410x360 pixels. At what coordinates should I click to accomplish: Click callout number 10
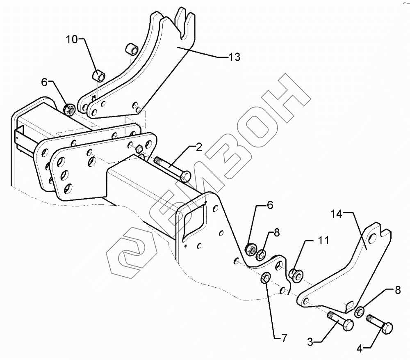(72, 40)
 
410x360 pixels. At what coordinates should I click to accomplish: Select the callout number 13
(234, 57)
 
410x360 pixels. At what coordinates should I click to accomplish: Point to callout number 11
(323, 241)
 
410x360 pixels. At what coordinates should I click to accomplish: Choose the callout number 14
(336, 214)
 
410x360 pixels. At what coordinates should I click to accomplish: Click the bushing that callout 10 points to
(99, 76)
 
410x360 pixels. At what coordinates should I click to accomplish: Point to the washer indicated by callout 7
(266, 278)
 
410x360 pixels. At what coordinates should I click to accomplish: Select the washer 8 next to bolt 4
(360, 312)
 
